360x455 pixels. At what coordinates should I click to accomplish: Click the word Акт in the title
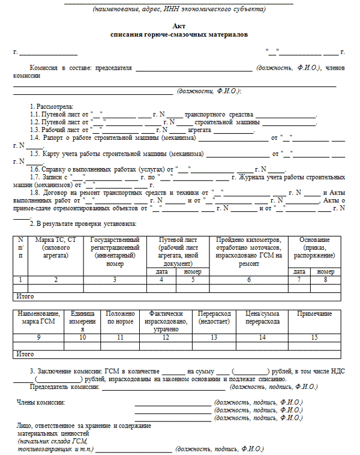coord(179,27)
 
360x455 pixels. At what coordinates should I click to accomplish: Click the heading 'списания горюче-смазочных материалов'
coord(179,35)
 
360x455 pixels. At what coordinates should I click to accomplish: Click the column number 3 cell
coord(115,280)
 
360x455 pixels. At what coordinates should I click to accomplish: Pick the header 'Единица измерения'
coord(83,321)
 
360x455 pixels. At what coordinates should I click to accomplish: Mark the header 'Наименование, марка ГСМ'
coord(38,318)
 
